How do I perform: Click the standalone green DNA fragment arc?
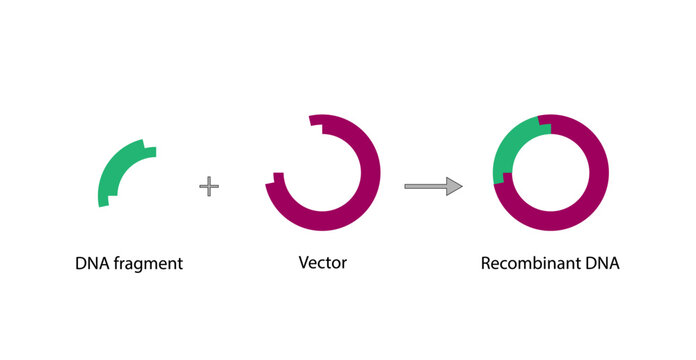tap(114, 166)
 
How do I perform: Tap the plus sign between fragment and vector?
tap(208, 186)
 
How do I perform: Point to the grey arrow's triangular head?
tap(454, 186)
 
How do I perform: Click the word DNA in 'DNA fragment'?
tap(93, 265)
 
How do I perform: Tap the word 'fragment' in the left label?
tap(149, 265)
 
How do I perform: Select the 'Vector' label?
tap(322, 264)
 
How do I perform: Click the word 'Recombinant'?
tap(531, 265)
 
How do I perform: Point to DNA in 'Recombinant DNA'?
tap(604, 265)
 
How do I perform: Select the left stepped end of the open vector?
tap(274, 180)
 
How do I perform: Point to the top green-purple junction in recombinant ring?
tap(544, 123)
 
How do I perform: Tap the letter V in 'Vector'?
tap(304, 264)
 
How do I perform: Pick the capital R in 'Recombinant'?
tap(486, 265)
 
